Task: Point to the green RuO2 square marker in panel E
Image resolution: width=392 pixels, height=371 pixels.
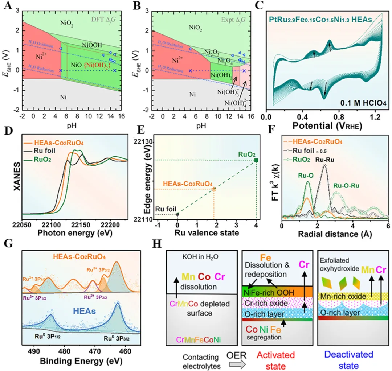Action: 256,160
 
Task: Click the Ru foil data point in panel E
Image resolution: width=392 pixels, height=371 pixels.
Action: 177,214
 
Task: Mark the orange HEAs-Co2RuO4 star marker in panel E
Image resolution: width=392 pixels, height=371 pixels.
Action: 214,189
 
